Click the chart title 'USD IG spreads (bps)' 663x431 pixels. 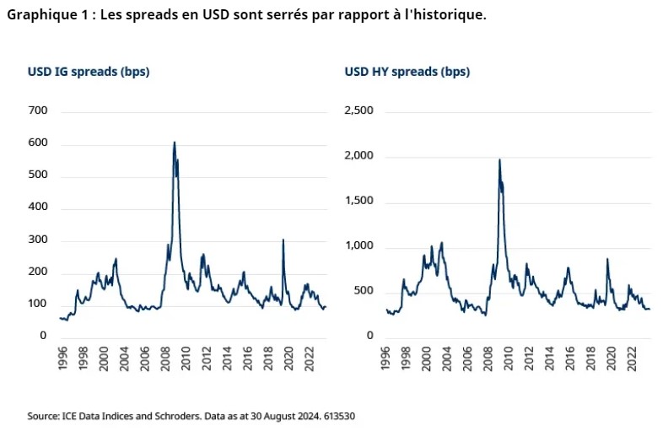point(89,72)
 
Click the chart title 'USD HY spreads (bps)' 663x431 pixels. point(407,72)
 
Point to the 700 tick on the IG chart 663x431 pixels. point(38,111)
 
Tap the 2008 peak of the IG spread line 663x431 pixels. point(175,143)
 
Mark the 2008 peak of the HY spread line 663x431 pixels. point(499,159)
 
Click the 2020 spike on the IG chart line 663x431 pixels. point(283,240)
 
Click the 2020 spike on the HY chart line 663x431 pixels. point(607,259)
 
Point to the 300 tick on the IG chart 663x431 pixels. point(38,240)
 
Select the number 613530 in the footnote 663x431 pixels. point(346,416)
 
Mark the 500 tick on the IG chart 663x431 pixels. point(38,175)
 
